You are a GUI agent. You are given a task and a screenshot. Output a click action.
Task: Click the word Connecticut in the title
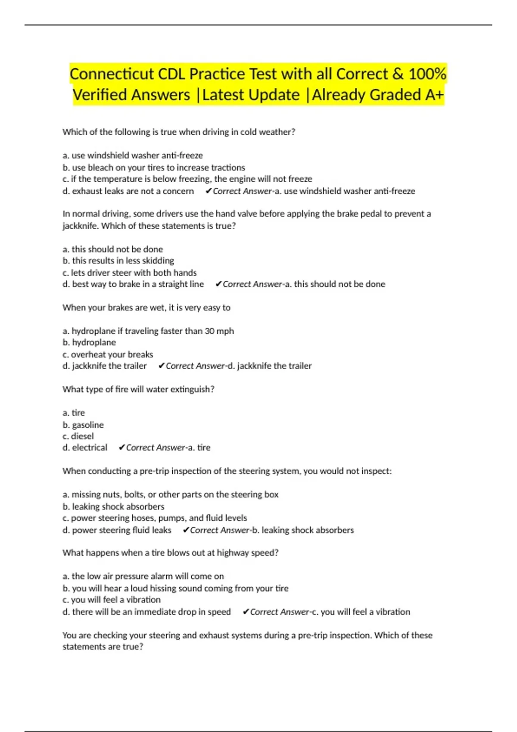tap(112, 74)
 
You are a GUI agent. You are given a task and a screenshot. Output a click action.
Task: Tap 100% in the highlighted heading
tap(427, 74)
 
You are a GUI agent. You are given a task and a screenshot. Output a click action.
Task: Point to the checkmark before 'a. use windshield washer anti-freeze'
tap(209, 191)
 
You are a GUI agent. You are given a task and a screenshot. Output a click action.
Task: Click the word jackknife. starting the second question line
tap(81, 226)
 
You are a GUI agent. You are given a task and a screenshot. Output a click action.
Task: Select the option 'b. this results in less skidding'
tap(118, 261)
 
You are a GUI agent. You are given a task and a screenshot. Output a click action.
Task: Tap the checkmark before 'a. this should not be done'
tap(218, 284)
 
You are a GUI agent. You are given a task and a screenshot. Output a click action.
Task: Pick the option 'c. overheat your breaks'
tap(108, 354)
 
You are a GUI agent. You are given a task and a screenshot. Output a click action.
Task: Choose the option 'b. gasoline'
tap(83, 425)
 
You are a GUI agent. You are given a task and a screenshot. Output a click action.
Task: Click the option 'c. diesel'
tap(78, 436)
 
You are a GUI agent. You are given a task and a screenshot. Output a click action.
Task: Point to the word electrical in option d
tap(90, 448)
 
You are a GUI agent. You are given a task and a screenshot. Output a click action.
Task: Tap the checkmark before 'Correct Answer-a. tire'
tap(122, 448)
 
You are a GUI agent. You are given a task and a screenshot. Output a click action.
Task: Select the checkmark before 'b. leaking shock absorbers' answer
tap(186, 530)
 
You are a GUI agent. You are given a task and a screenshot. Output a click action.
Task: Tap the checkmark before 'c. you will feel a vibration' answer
tap(246, 612)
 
